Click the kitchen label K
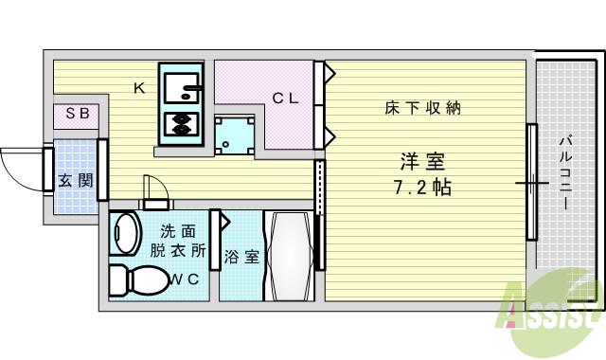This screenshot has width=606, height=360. click(x=138, y=89)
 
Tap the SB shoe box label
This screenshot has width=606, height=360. click(x=78, y=115)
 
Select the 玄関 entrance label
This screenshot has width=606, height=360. click(x=75, y=180)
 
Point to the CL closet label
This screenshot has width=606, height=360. click(x=286, y=98)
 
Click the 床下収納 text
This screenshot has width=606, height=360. click(x=422, y=108)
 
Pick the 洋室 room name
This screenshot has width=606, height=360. click(x=421, y=161)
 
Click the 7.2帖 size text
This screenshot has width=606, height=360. click(x=421, y=187)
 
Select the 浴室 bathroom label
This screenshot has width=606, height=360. click(x=241, y=257)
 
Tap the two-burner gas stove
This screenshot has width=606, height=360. click(x=179, y=124)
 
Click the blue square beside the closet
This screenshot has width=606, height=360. click(x=232, y=135)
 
